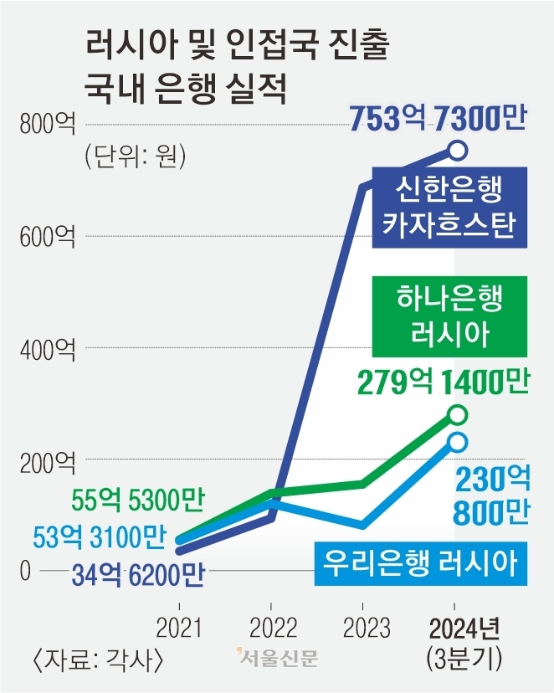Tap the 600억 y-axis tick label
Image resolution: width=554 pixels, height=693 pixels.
point(48,236)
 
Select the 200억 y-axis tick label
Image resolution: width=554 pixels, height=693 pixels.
point(48,459)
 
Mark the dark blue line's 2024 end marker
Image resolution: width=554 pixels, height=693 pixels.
point(457,150)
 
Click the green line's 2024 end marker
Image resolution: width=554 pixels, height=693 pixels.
point(457,414)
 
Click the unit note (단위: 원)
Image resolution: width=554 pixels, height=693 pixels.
point(134,157)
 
